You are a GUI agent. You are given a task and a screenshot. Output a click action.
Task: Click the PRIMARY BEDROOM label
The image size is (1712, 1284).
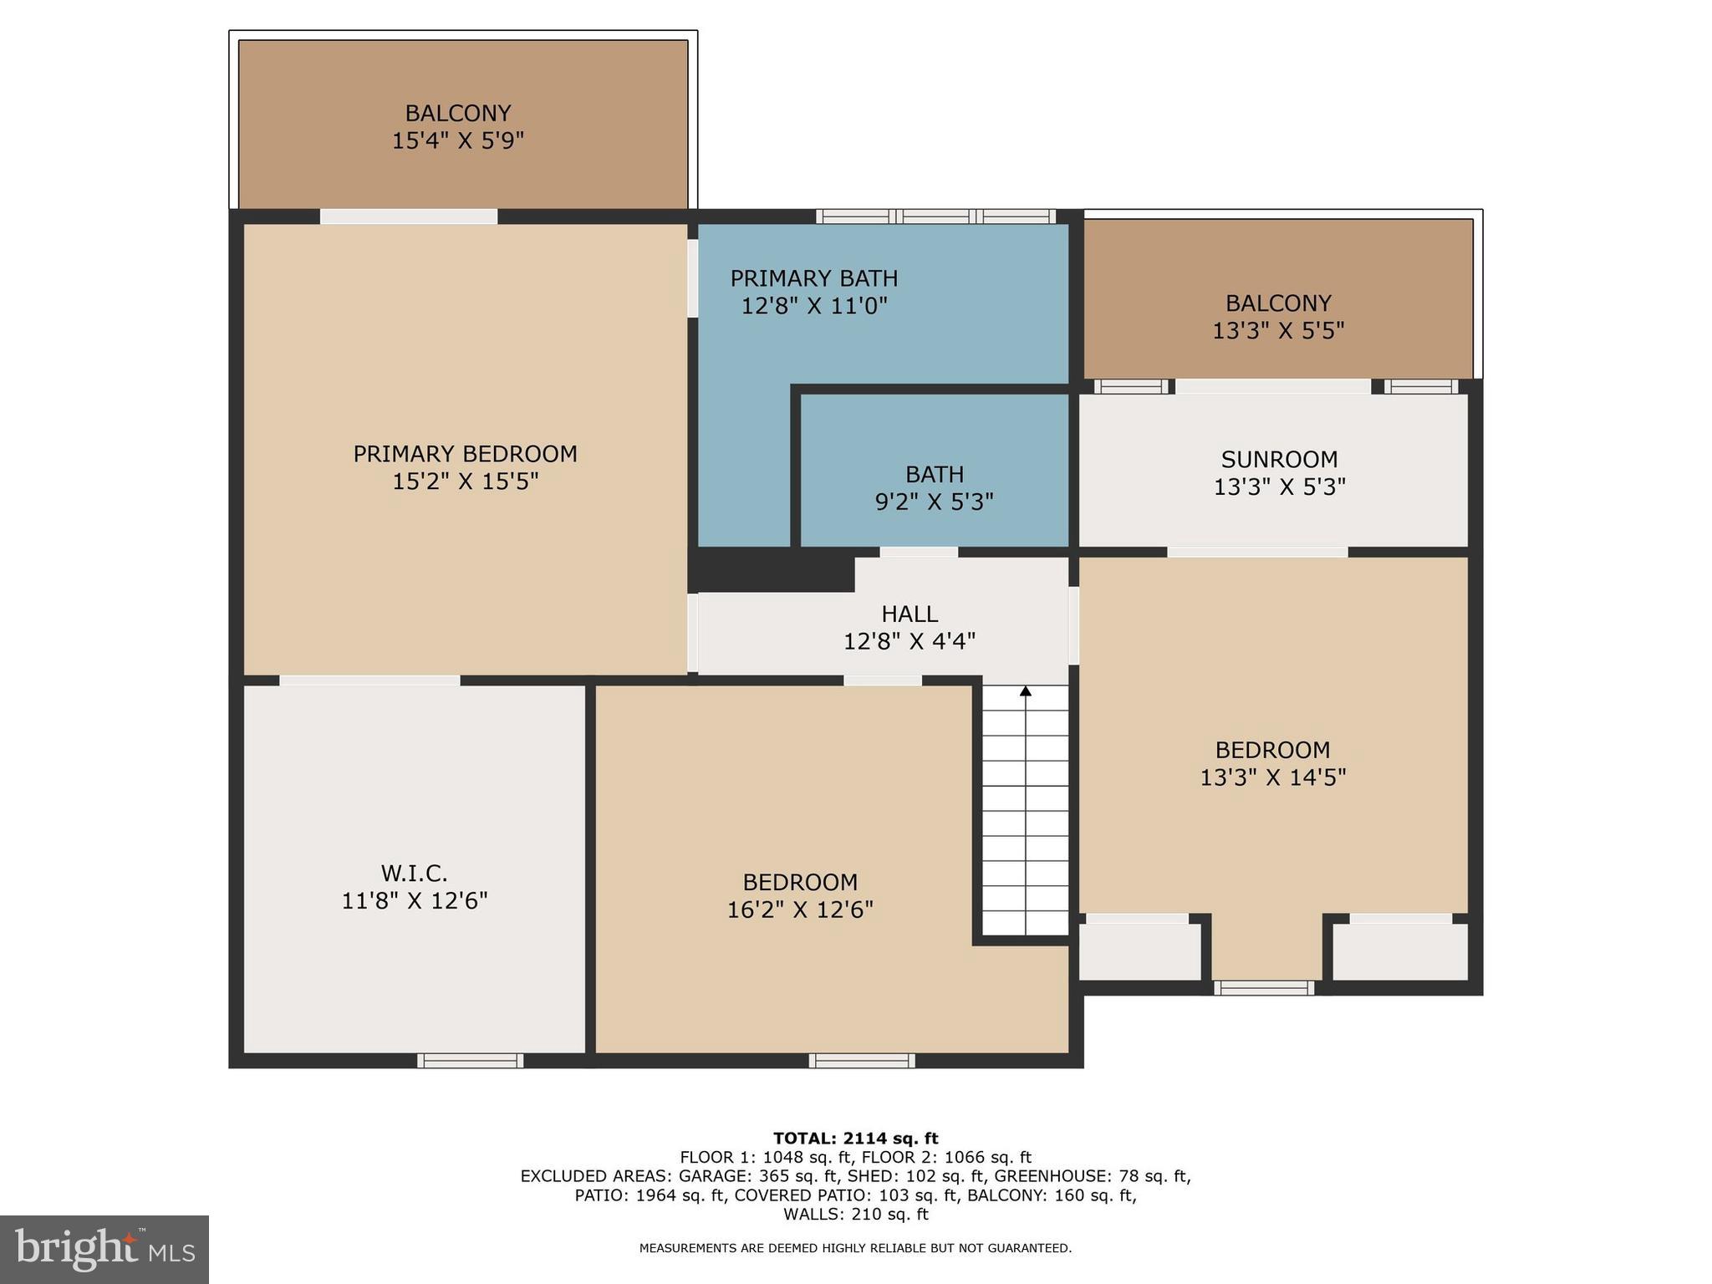tap(465, 454)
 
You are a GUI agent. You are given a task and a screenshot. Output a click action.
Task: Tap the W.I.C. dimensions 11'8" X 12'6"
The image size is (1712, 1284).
tap(415, 901)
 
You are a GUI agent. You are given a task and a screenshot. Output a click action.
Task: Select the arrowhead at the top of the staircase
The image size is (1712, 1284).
tap(1026, 691)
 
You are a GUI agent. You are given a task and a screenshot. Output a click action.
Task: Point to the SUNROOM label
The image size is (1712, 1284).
tap(1279, 460)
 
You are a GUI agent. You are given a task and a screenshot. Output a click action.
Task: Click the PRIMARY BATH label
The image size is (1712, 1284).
tap(813, 278)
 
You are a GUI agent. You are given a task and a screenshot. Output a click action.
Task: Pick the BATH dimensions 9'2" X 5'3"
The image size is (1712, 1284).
tap(934, 502)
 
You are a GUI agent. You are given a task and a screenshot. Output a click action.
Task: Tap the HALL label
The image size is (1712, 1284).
tap(909, 614)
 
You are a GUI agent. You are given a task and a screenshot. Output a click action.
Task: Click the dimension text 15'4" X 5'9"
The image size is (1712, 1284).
tap(457, 140)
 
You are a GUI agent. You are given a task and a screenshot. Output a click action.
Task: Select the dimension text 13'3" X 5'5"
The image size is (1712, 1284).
tap(1278, 331)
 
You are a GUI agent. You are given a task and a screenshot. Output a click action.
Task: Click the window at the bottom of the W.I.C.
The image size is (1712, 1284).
tap(471, 1061)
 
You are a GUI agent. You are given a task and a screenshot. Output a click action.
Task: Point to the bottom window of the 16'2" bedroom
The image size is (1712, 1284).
tap(862, 1061)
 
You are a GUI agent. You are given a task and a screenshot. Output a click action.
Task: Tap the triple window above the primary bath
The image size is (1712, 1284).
tap(935, 217)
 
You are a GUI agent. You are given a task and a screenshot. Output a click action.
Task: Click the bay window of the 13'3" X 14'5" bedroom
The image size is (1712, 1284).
tap(1264, 988)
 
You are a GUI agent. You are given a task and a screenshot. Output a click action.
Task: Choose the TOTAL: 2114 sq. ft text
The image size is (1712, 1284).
tap(855, 1139)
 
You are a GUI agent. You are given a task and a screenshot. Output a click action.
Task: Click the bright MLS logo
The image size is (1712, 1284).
tap(104, 1250)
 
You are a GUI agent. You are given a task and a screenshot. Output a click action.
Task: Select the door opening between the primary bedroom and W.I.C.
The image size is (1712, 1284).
tap(369, 680)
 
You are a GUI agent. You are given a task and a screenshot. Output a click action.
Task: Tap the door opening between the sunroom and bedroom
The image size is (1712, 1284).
tap(1257, 552)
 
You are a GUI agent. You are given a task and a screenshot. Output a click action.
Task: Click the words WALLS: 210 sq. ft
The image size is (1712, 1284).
tap(855, 1214)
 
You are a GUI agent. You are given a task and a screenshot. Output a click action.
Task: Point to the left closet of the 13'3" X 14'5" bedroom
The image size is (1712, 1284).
tap(1139, 951)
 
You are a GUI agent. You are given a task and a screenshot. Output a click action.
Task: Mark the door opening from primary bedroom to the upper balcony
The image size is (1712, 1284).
tap(409, 217)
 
